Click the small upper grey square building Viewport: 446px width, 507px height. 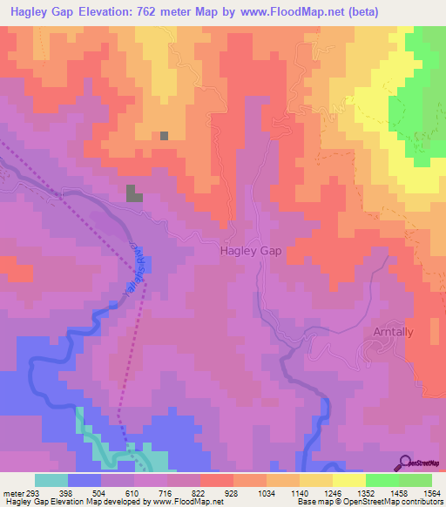tap(164, 136)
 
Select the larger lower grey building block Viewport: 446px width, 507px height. tap(134, 193)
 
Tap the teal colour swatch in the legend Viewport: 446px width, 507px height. tap(51, 480)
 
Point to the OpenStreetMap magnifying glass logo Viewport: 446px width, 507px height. tap(407, 462)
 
